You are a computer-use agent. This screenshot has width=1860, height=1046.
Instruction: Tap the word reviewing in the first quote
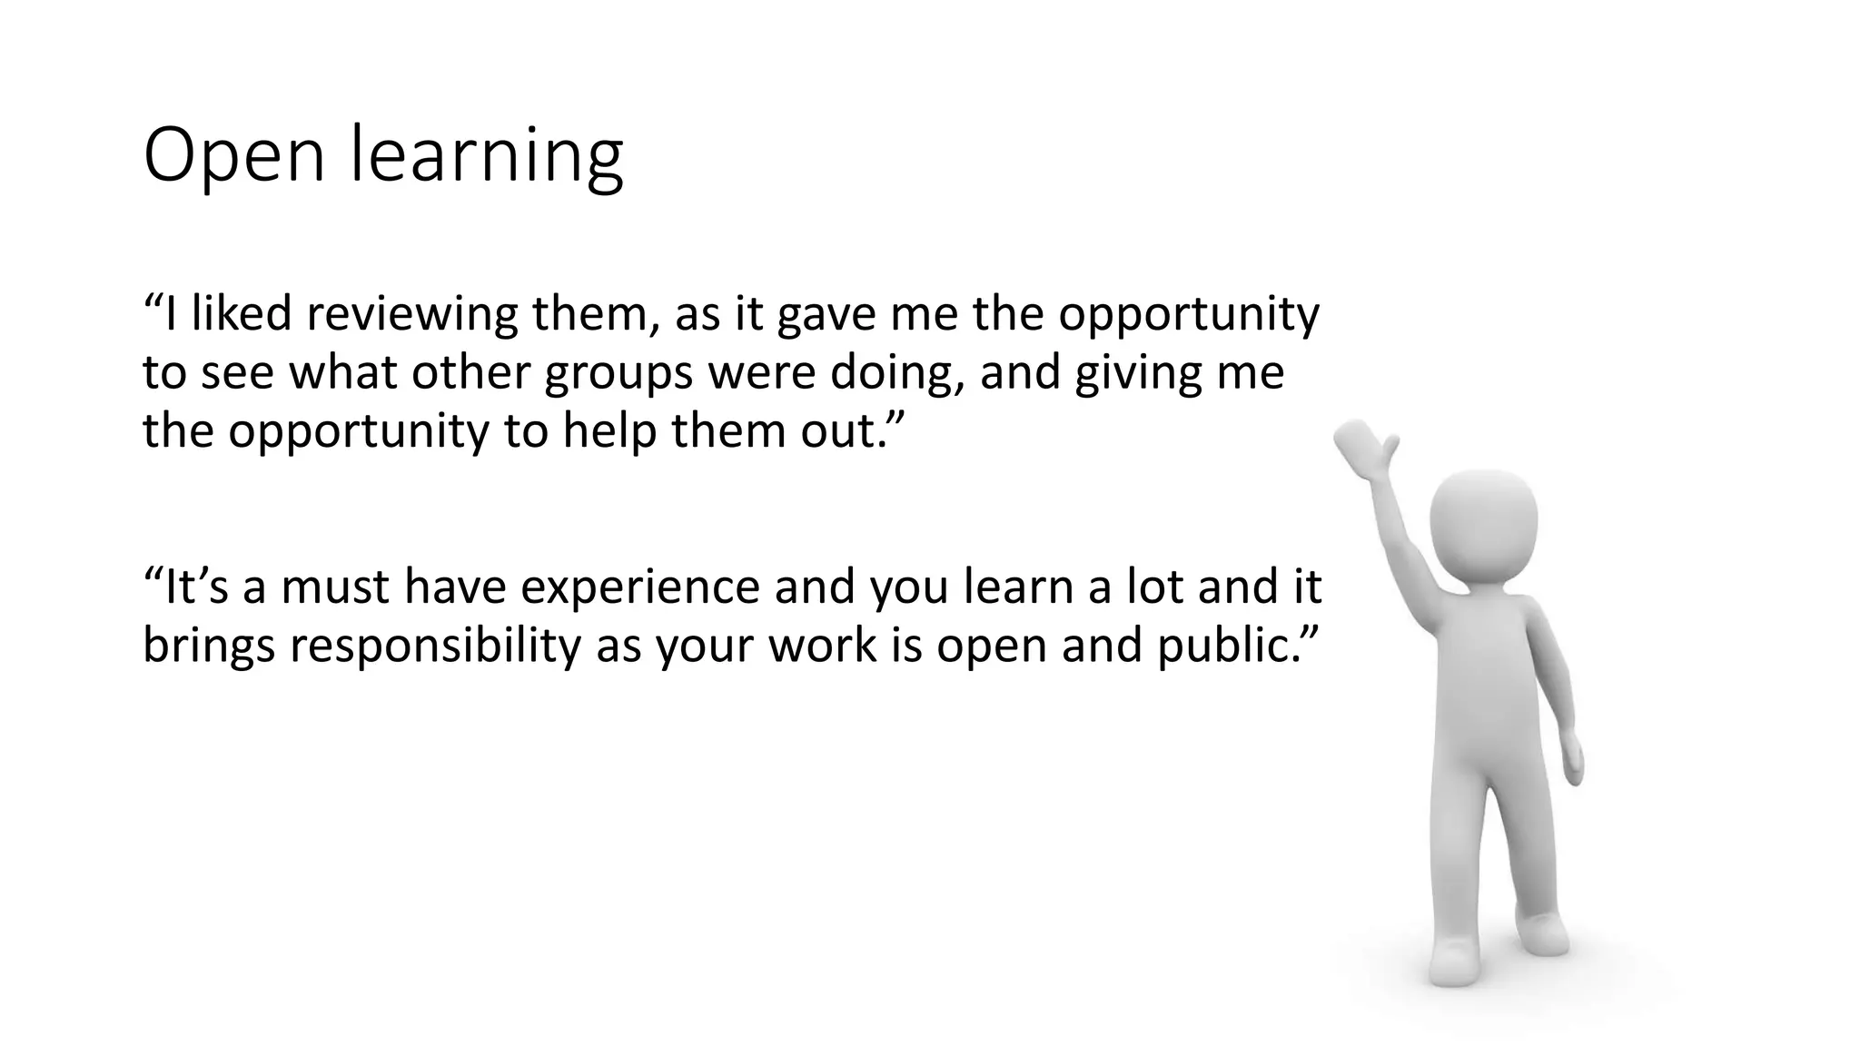pyautogui.click(x=411, y=314)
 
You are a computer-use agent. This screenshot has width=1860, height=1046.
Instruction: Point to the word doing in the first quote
pyautogui.click(x=896, y=372)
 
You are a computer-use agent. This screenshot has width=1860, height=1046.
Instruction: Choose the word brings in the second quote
pyautogui.click(x=208, y=646)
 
